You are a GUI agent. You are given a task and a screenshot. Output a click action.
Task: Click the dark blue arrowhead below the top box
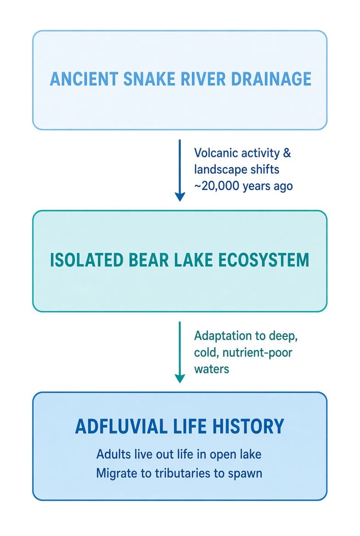180,196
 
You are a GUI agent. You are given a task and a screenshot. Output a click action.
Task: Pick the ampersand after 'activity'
287,153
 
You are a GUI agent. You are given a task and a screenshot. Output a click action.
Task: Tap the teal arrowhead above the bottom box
180,379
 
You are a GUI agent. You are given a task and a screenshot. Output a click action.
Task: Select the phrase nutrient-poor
257,352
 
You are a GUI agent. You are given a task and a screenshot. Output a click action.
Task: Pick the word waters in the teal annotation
212,369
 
